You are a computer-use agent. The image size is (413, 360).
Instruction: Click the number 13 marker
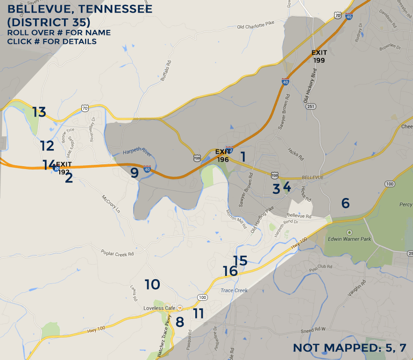click(39, 112)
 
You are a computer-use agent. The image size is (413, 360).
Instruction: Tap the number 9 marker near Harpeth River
click(135, 173)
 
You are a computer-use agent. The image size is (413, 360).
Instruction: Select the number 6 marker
click(345, 203)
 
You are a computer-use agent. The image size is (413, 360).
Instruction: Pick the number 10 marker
click(152, 284)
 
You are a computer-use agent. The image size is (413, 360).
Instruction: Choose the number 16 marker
click(230, 271)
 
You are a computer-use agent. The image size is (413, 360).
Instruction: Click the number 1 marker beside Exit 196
click(243, 156)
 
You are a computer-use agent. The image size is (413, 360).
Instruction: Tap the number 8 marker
click(180, 322)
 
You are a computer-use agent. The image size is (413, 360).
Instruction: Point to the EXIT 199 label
click(320, 56)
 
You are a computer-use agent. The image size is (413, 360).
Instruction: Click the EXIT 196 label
click(223, 155)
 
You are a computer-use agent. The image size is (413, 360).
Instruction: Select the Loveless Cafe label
click(160, 308)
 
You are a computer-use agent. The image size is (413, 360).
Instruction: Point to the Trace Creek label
click(234, 290)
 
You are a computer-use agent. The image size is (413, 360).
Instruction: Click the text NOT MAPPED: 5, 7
click(349, 348)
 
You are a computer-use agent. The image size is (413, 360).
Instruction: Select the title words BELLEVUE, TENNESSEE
click(80, 9)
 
